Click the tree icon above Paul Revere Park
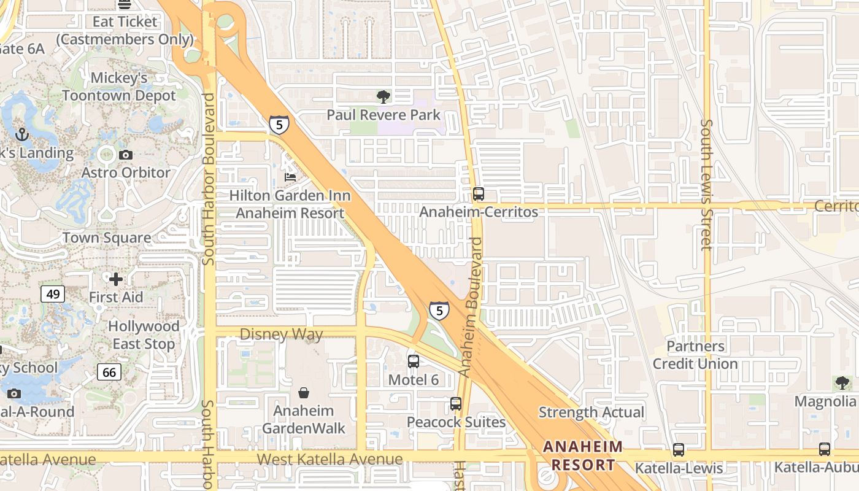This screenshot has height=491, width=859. point(383,96)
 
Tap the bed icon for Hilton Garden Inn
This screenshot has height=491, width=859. point(290,177)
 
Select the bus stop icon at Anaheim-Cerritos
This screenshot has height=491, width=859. point(479,194)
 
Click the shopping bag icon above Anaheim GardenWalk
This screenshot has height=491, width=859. point(304,392)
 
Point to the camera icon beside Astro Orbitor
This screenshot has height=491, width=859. point(126,155)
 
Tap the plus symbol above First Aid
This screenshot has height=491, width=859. point(116,279)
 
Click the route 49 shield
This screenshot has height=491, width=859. point(53,294)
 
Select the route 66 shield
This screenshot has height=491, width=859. point(109,371)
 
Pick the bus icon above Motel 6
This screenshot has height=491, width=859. point(414,361)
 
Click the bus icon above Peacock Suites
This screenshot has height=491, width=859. point(455,403)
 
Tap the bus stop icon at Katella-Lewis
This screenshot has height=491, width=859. point(679,449)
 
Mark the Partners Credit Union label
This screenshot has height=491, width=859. point(695,355)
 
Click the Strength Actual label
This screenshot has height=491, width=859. point(591,412)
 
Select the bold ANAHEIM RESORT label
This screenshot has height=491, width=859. point(583,455)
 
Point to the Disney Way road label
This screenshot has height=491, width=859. point(281,334)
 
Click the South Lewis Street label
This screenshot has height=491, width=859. point(706,184)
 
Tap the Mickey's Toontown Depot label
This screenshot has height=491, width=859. point(119,87)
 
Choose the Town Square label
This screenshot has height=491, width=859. point(107,238)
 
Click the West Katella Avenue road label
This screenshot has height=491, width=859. point(329,459)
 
